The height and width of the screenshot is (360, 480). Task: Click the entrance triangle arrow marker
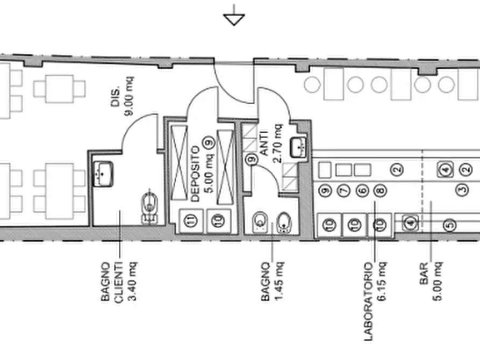[234, 19]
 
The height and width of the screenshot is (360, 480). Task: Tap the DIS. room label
[115, 97]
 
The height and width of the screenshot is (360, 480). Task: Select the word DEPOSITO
[195, 174]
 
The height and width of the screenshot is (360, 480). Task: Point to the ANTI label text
[264, 143]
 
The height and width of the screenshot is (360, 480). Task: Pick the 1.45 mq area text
[279, 282]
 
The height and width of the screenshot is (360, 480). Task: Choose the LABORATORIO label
[369, 301]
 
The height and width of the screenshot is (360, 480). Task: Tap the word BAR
[424, 273]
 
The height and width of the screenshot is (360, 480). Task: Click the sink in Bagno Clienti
[103, 174]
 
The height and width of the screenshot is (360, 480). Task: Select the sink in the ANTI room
[298, 148]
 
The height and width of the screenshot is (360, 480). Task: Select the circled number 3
[462, 190]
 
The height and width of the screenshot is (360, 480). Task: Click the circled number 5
[450, 225]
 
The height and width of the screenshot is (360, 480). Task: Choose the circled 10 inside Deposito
[218, 220]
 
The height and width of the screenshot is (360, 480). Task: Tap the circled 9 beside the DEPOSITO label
[210, 143]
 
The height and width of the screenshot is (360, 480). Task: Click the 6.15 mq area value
[382, 282]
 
